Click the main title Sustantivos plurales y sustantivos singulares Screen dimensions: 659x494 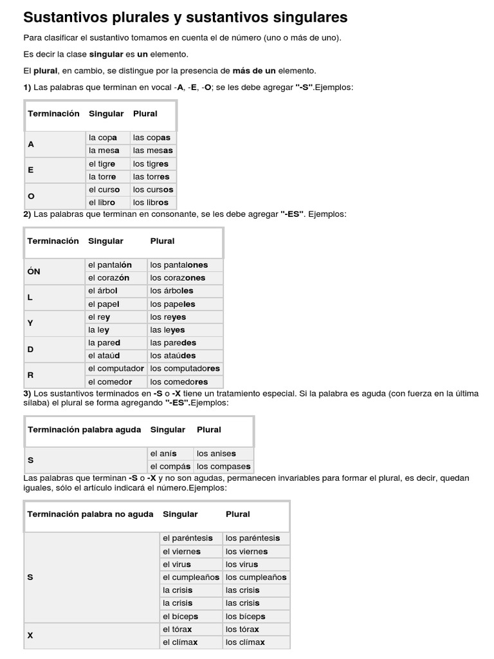[x=185, y=17]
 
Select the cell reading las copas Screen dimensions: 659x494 [x=152, y=138]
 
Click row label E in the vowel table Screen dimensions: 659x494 [x=31, y=170]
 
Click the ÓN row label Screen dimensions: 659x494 [x=33, y=272]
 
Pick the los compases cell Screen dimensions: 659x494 [x=224, y=466]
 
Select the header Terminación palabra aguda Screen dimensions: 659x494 [x=84, y=429]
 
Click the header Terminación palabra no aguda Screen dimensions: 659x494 [x=90, y=514]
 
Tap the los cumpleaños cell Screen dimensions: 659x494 [x=256, y=577]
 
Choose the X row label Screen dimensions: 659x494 [x=30, y=635]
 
